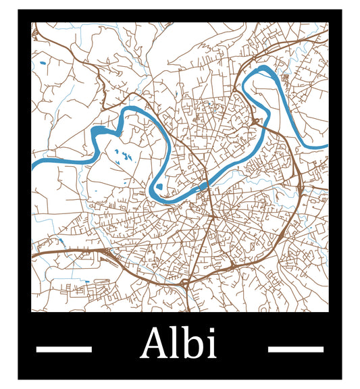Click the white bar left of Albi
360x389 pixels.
pos(63,349)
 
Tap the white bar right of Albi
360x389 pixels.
pos(296,349)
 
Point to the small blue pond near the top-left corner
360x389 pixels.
pos(43,63)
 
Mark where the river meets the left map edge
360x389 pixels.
pos(33,164)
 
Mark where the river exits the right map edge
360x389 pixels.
pos(327,146)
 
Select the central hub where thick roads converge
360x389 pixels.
pos(212,217)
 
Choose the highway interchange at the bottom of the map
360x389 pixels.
pos(186,282)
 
